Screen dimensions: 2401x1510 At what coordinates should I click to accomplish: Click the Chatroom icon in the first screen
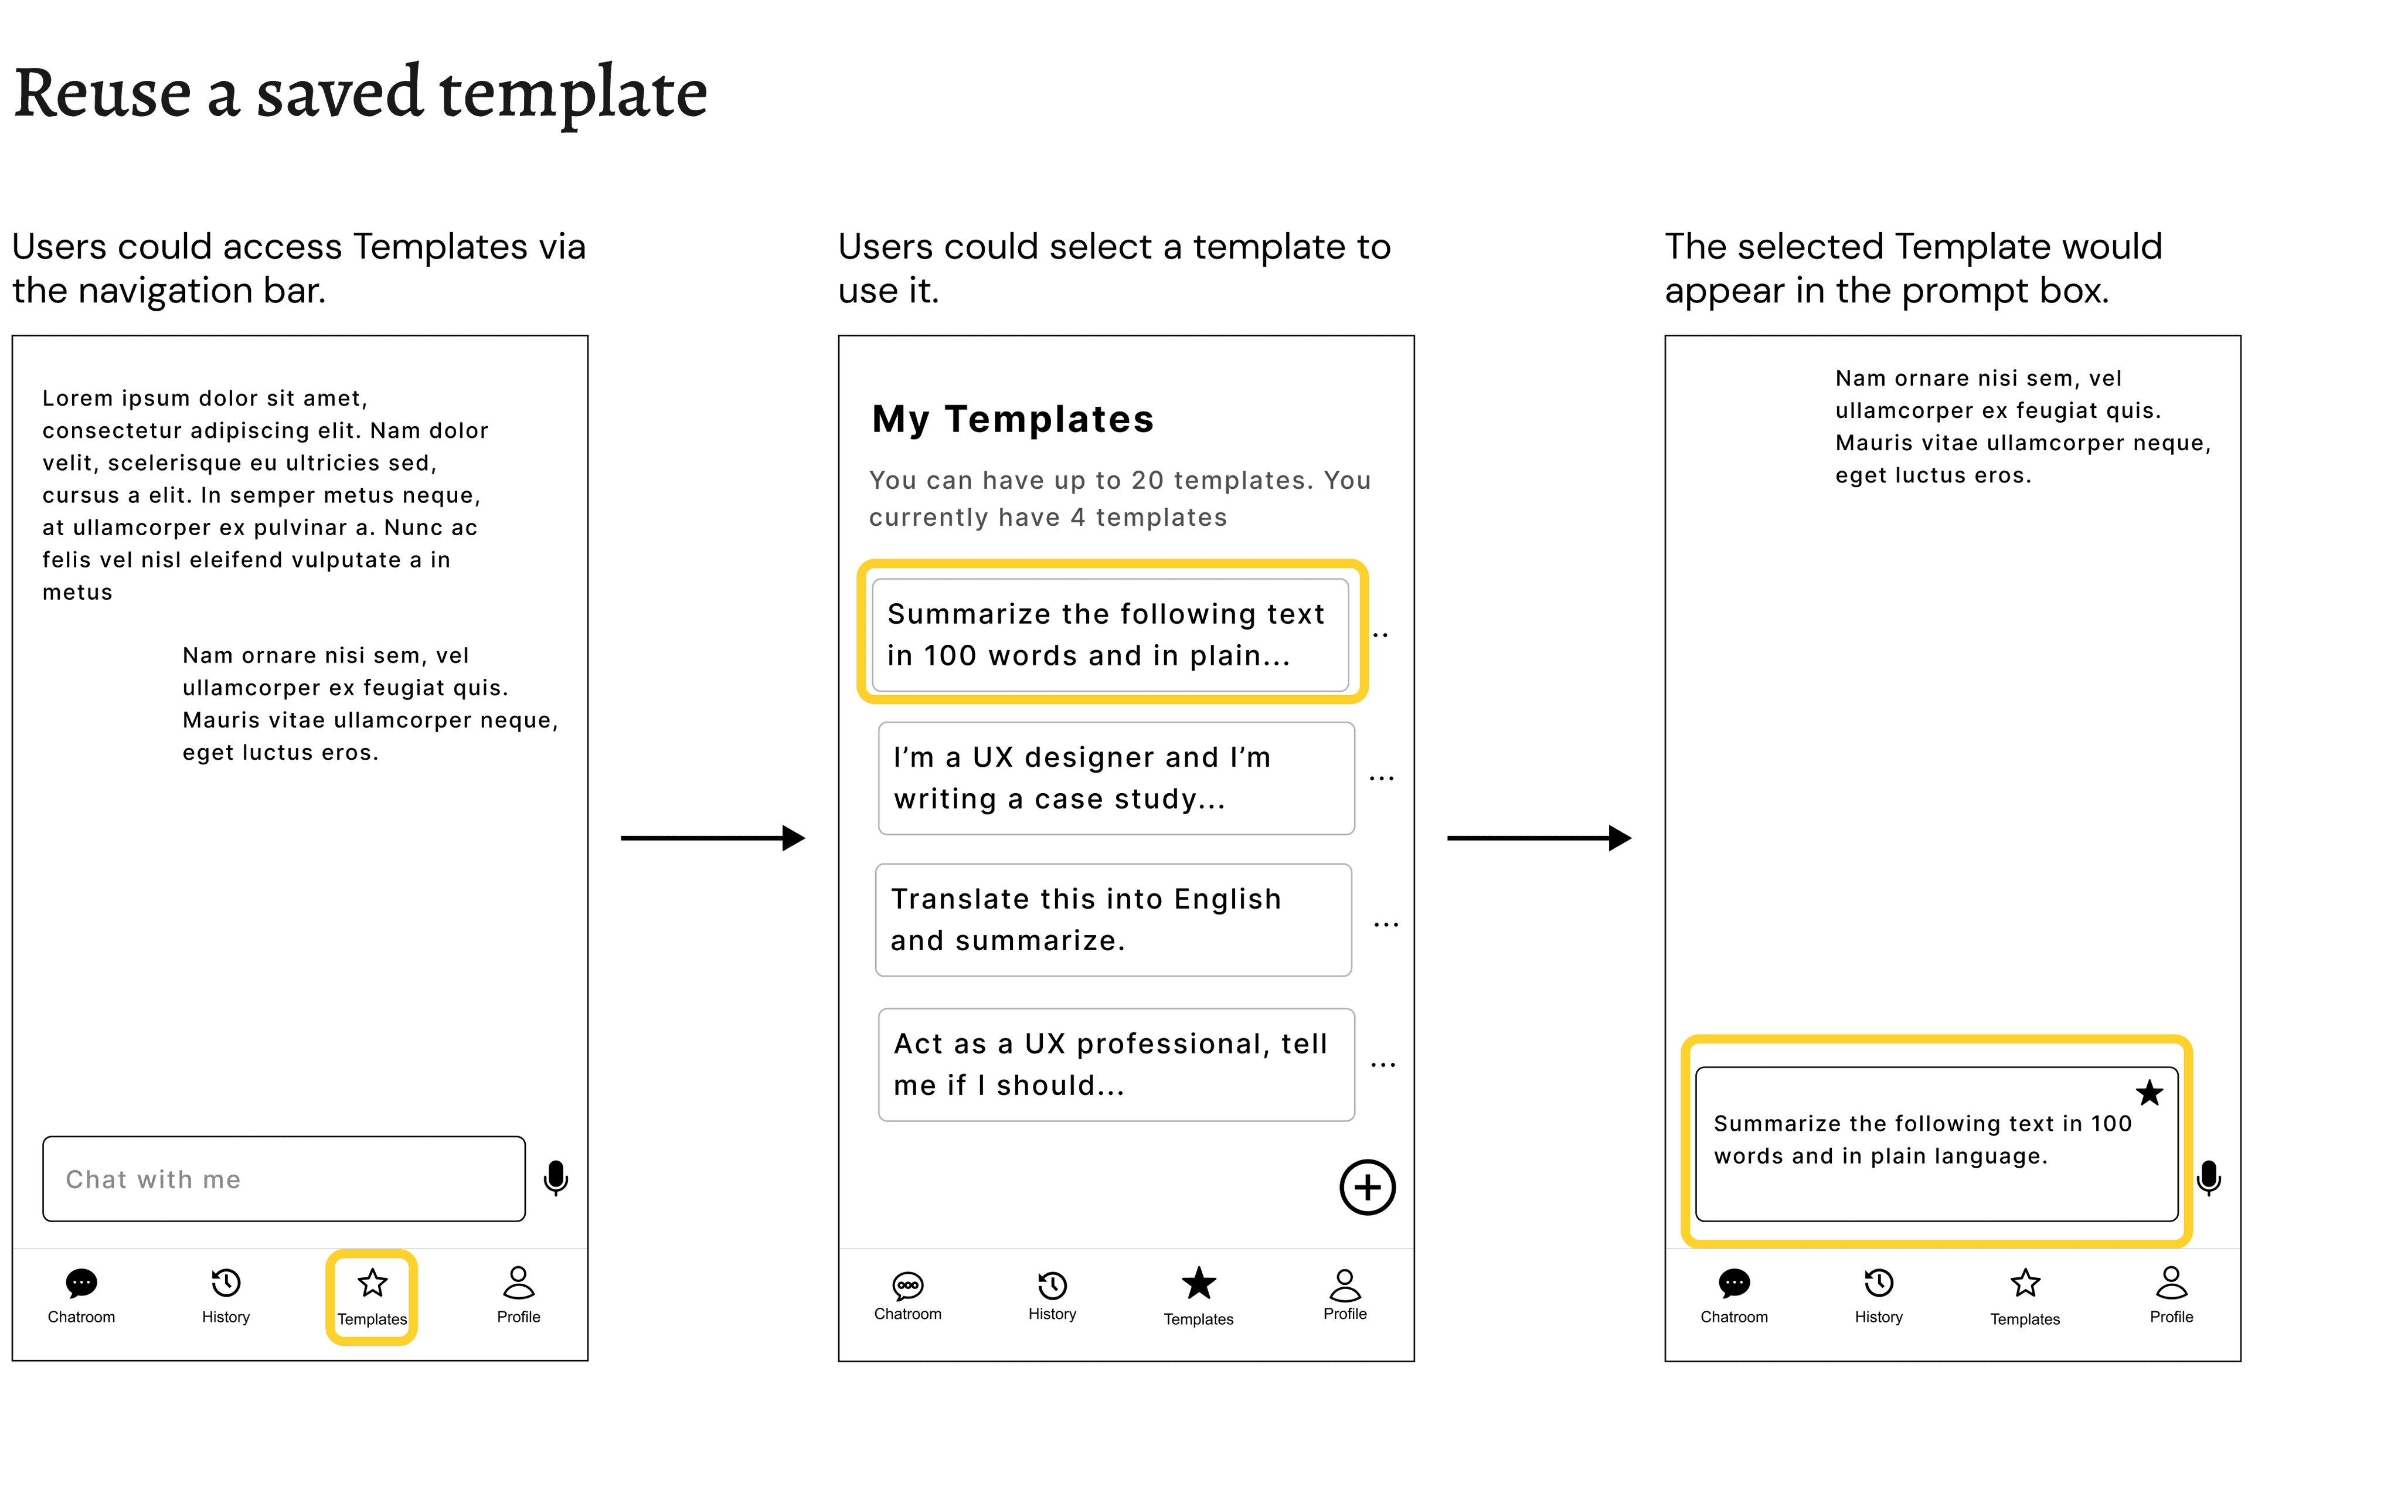click(81, 1283)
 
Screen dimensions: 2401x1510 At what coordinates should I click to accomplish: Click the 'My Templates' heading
click(1012, 419)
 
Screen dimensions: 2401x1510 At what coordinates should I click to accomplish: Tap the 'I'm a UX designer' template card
click(1116, 778)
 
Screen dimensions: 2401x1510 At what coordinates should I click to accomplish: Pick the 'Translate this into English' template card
click(1113, 920)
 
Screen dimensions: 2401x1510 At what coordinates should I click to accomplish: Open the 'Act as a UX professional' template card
click(1116, 1064)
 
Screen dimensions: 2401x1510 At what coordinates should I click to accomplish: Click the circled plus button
click(1367, 1187)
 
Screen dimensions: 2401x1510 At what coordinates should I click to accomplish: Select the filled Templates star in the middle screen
click(1199, 1283)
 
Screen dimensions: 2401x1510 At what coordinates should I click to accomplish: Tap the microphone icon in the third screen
click(2209, 1178)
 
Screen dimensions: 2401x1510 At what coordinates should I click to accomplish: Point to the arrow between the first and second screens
click(712, 838)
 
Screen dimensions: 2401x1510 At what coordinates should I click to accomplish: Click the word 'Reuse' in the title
click(103, 93)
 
